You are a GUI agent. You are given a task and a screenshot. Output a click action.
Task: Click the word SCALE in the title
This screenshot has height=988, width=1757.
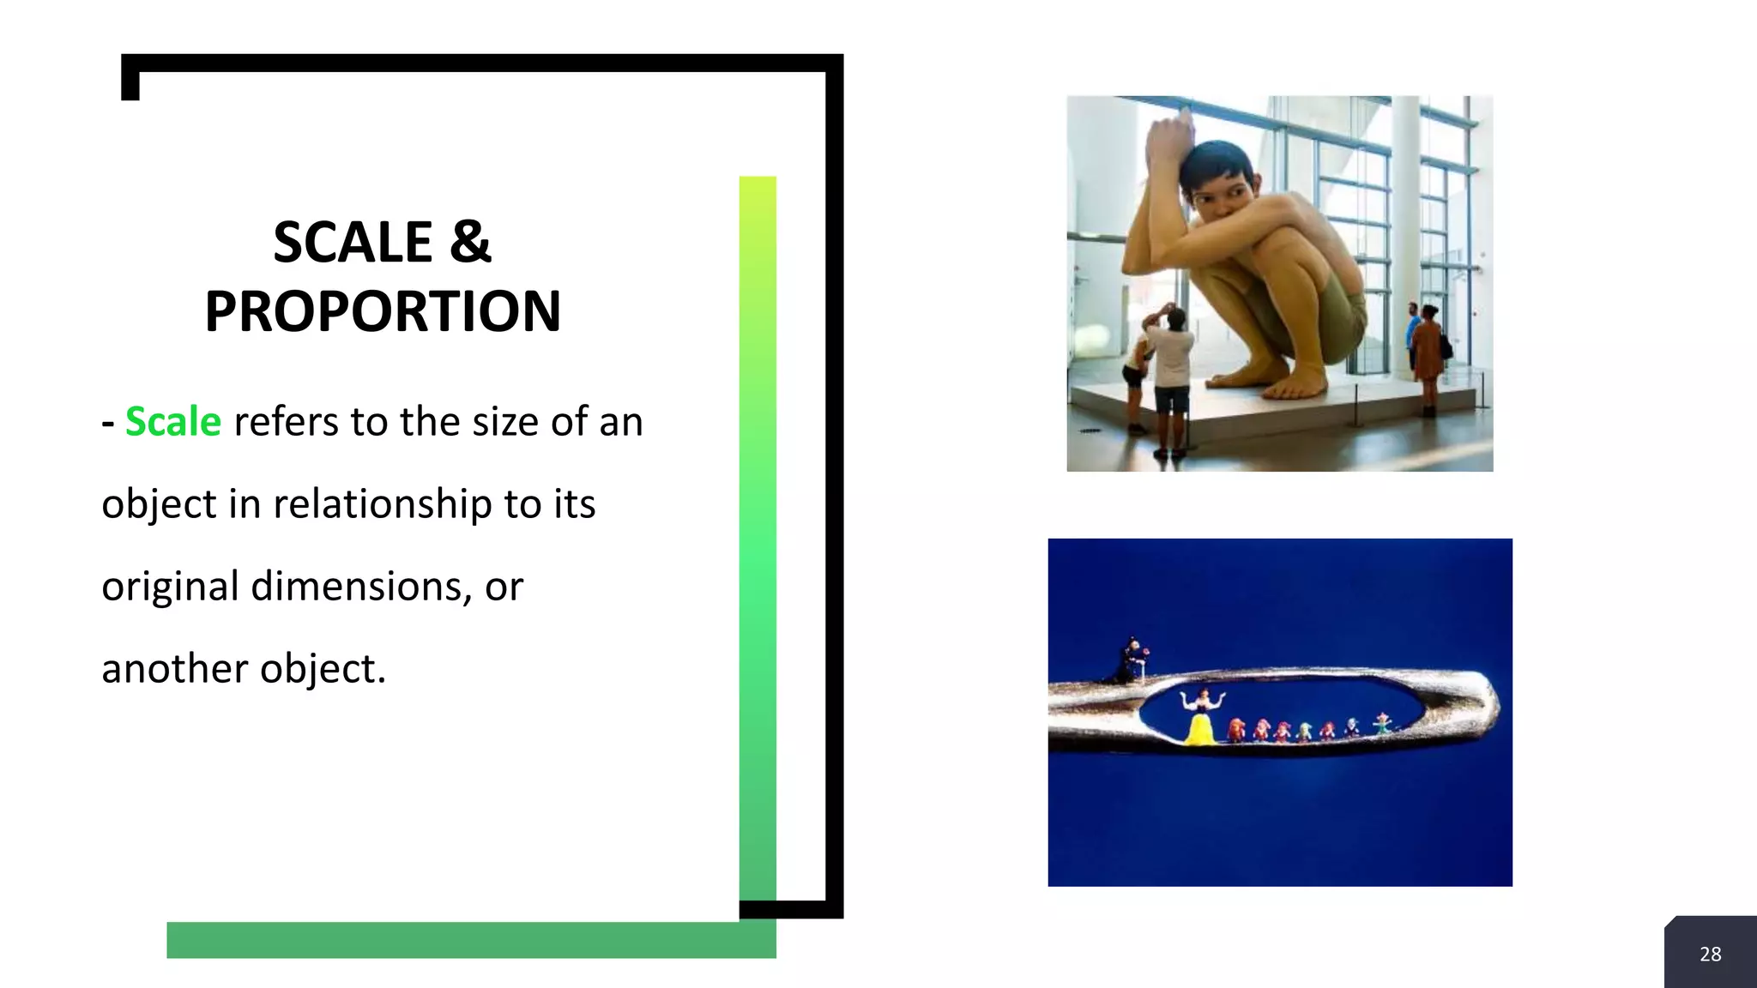pyautogui.click(x=352, y=243)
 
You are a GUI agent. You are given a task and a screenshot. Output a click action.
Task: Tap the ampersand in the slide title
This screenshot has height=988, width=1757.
pyautogui.click(x=470, y=243)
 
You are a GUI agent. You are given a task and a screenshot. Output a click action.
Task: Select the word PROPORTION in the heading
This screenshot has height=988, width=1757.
pyautogui.click(x=383, y=311)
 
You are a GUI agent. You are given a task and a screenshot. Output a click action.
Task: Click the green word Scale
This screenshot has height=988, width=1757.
pyautogui.click(x=173, y=422)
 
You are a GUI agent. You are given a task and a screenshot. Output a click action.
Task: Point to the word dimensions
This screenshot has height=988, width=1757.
pyautogui.click(x=361, y=587)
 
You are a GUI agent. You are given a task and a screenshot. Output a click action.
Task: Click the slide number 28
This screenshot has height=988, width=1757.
pyautogui.click(x=1710, y=954)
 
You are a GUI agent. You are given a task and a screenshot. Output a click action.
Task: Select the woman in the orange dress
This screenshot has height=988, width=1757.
pyautogui.click(x=1428, y=352)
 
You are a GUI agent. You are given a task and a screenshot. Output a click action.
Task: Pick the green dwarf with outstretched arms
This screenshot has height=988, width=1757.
pyautogui.click(x=1382, y=723)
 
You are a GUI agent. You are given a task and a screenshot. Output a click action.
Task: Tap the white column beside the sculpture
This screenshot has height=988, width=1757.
pyautogui.click(x=1404, y=214)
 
